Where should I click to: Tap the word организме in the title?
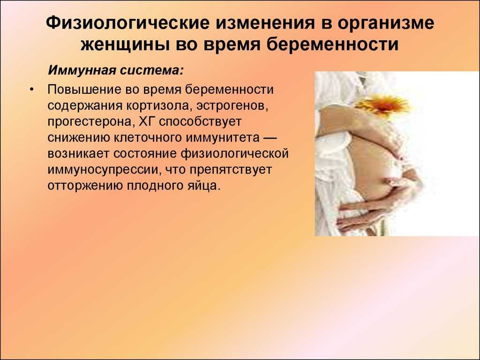(386, 24)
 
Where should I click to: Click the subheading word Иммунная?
(82, 70)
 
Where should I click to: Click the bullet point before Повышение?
(31, 90)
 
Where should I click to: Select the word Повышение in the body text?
(83, 90)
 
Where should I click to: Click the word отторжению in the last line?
(85, 186)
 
